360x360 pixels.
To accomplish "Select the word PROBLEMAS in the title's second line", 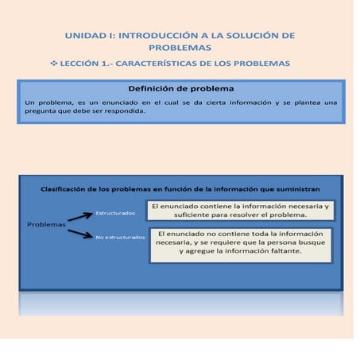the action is [x=179, y=48].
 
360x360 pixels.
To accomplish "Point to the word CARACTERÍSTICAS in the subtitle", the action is [x=171, y=63].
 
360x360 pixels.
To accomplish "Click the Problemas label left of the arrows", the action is [x=46, y=224].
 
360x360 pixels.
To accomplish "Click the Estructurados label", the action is [x=115, y=213].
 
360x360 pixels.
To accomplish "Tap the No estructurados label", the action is [x=120, y=237].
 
